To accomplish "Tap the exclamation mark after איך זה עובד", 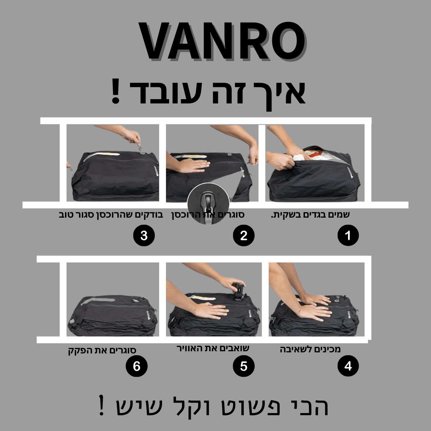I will pos(115,92).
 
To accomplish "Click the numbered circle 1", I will pos(348,236).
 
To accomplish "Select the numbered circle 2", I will pos(244,236).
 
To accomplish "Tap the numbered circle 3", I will pos(144,236).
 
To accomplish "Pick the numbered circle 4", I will pos(348,366).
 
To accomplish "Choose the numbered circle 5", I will pos(244,366).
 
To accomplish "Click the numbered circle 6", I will pos(136,366).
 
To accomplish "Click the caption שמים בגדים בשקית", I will pos(310,215).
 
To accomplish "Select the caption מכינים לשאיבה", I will pos(310,349).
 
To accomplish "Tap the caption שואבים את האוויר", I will pos(213,348).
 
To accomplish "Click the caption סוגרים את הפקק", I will pos(102,350).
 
